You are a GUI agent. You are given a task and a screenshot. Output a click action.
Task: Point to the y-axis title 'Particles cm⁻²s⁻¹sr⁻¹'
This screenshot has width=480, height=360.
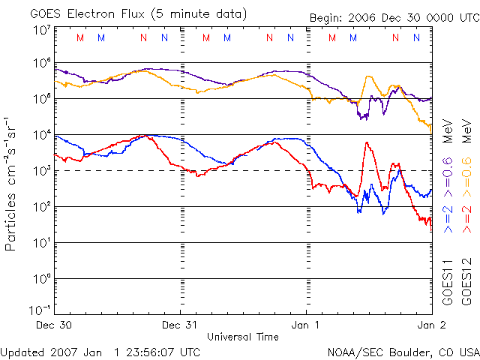(11, 184)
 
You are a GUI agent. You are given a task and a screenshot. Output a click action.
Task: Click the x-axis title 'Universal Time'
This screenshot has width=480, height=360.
(243, 337)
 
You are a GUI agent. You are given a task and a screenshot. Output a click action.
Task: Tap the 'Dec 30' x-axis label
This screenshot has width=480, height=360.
(54, 325)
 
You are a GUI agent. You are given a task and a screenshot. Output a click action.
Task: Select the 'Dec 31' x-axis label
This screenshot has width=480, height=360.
(180, 325)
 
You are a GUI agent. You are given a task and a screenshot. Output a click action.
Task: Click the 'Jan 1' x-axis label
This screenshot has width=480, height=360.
(306, 325)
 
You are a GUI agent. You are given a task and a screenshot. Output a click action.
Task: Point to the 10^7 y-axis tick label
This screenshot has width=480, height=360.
(42, 30)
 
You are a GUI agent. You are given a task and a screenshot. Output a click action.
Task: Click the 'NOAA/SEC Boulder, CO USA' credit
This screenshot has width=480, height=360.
(403, 351)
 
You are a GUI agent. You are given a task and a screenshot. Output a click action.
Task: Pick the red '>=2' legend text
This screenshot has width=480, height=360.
(465, 216)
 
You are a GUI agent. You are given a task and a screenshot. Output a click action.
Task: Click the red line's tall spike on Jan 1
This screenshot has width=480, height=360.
(367, 142)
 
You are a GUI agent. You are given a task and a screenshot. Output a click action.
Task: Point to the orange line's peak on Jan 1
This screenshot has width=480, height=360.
(367, 76)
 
